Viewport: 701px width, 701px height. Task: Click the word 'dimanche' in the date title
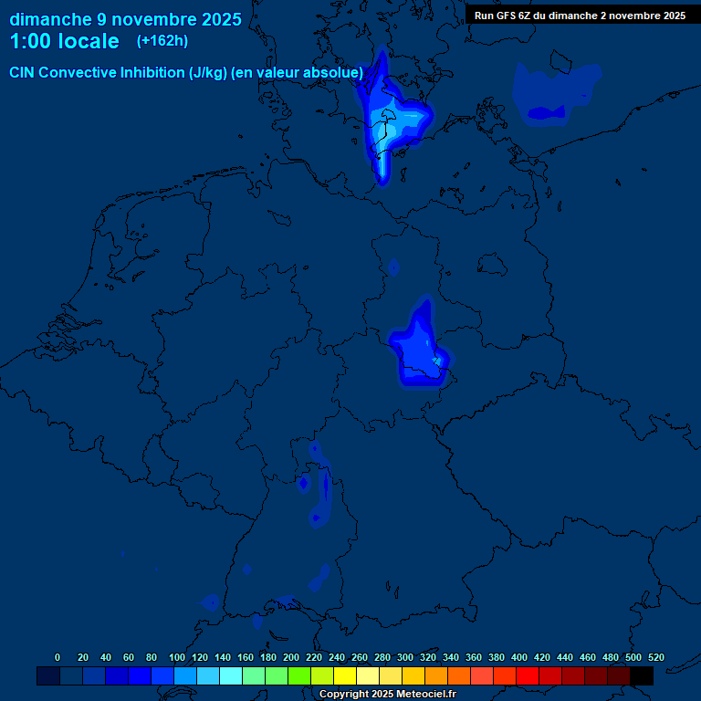pos(51,19)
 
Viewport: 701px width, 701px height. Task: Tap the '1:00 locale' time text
pos(64,41)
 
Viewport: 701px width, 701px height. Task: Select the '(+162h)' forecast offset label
pos(162,41)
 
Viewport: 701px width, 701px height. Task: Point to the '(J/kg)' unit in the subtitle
pos(207,72)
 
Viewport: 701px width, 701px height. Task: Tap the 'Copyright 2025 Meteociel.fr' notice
pos(387,695)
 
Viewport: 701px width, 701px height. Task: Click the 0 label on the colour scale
pos(58,657)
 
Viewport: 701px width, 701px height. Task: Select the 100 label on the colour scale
pos(176,657)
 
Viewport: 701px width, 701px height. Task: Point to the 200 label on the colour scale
pos(290,657)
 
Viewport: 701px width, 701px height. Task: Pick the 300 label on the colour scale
pos(404,657)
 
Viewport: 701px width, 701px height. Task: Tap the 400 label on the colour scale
pos(518,657)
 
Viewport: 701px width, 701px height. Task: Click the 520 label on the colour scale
pos(655,657)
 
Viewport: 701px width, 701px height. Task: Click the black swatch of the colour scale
pos(642,675)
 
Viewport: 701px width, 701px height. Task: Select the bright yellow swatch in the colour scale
pos(345,675)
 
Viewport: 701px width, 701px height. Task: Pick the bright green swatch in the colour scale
pos(299,675)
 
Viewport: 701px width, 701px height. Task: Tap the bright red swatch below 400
pos(528,675)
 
